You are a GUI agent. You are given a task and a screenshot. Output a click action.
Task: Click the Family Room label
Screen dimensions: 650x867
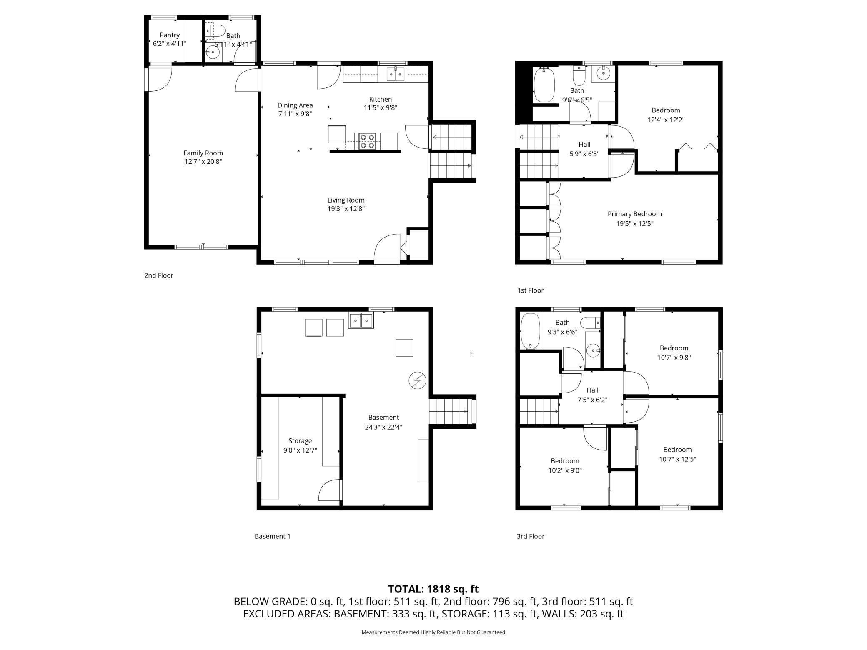(203, 153)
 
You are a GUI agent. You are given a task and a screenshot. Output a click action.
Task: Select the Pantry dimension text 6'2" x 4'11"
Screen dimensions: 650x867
(169, 43)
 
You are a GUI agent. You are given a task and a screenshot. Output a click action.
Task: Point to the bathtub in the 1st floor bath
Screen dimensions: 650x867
(544, 85)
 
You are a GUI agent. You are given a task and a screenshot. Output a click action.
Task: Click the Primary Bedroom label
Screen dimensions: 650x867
(634, 214)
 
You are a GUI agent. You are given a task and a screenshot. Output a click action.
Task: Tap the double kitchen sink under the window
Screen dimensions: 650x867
(395, 75)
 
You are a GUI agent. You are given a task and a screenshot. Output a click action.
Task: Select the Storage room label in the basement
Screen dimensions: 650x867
(300, 440)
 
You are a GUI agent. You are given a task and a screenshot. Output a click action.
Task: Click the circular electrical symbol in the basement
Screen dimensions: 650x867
(417, 380)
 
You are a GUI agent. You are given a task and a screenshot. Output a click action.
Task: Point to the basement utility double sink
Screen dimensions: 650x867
(361, 320)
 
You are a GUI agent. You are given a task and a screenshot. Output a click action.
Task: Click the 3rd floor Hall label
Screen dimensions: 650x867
(592, 390)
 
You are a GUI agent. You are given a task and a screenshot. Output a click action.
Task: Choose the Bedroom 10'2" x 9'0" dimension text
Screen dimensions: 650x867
(565, 470)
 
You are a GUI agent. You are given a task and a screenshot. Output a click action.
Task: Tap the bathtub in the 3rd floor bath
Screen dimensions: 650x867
(530, 331)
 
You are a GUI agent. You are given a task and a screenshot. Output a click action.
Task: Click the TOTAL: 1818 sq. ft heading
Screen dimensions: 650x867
(433, 589)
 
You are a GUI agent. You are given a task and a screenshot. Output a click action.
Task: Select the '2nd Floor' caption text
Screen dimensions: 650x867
(158, 275)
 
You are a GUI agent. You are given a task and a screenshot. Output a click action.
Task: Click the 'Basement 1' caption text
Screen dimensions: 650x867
(272, 536)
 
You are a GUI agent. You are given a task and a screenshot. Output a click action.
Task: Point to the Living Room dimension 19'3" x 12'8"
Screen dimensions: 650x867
(346, 209)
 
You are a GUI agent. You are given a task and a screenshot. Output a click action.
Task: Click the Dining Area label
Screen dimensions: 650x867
(295, 105)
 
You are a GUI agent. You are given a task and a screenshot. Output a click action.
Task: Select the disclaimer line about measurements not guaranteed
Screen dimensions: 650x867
(433, 632)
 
